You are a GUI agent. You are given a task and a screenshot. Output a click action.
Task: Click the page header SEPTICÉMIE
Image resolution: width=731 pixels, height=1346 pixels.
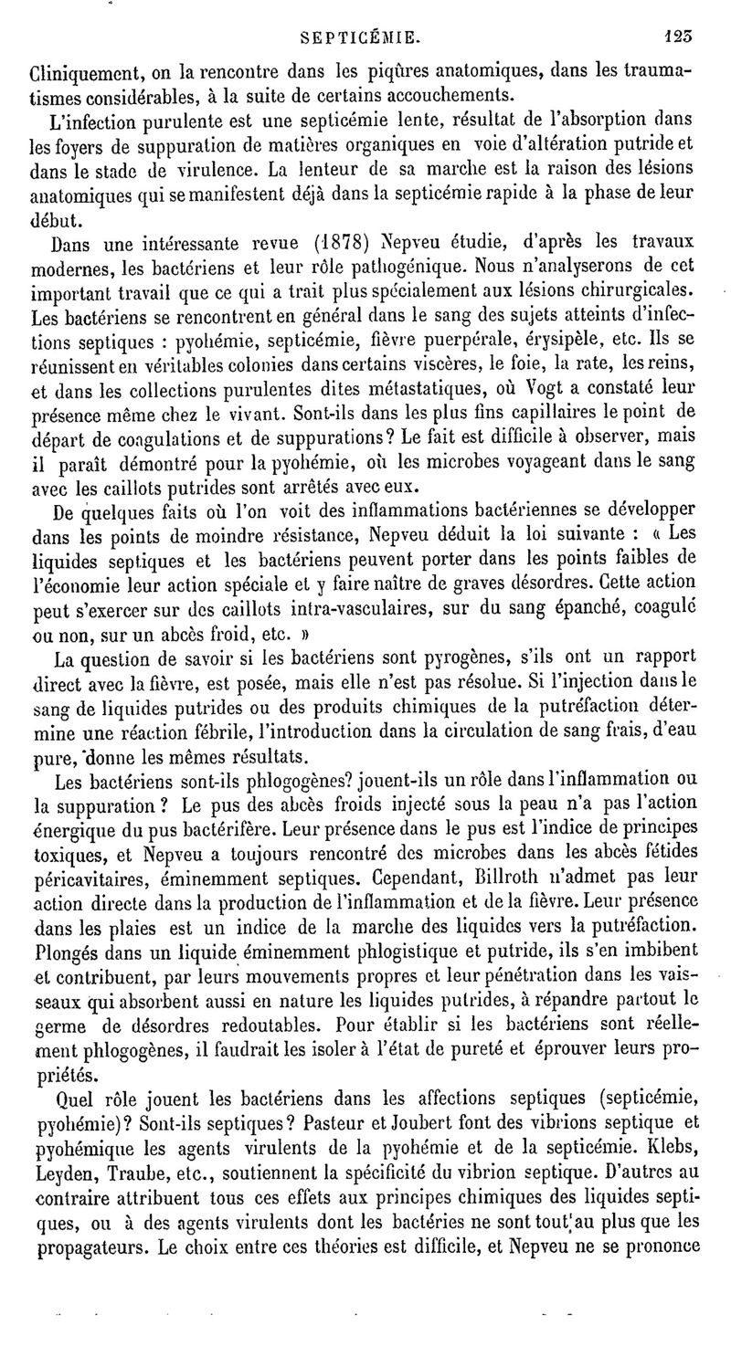tap(364, 39)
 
